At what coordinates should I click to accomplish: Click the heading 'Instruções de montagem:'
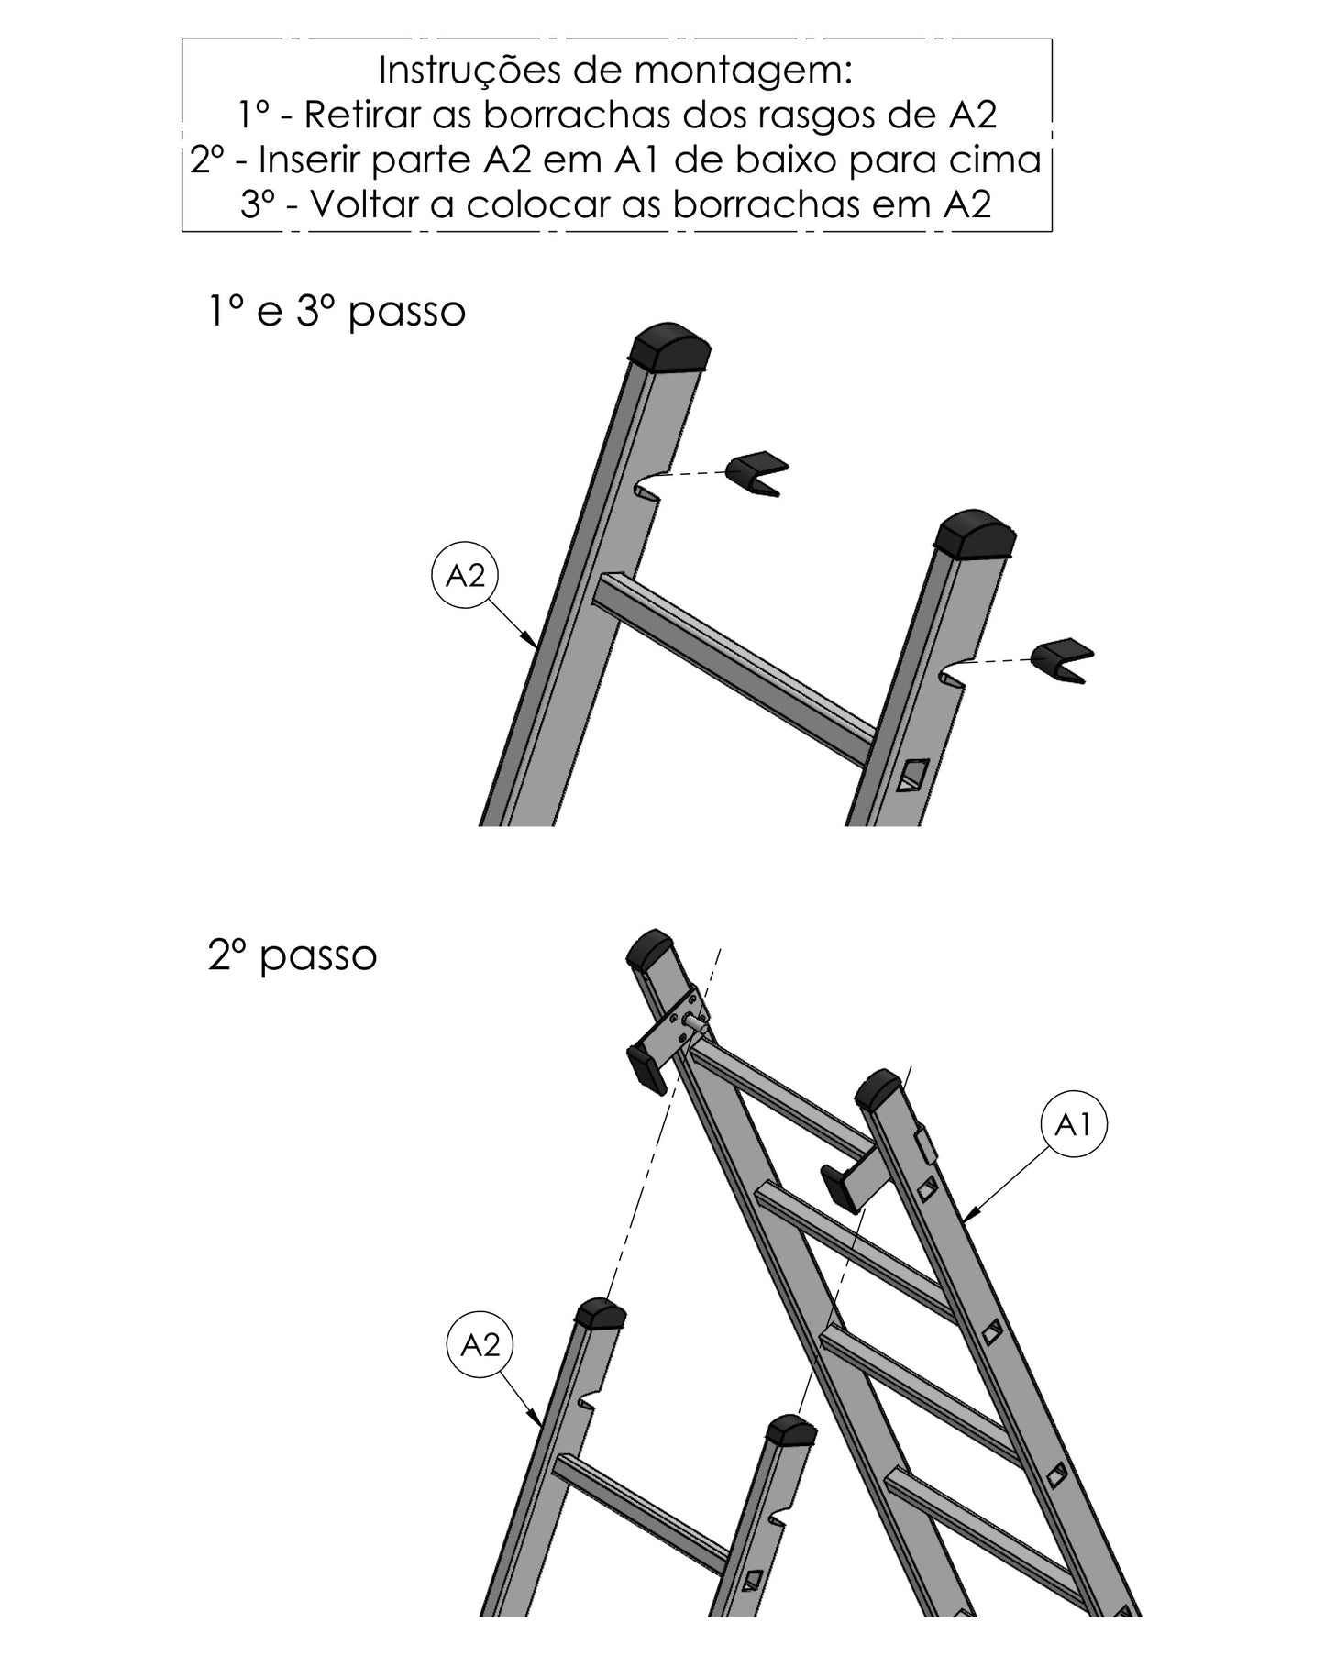pos(616,71)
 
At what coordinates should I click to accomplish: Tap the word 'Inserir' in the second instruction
pos(312,160)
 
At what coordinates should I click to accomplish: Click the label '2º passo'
pos(293,956)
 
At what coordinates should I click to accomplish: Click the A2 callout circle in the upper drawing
pos(465,575)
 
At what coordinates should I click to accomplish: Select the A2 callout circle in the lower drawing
pos(480,1345)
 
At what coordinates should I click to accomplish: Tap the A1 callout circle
pos(1073,1124)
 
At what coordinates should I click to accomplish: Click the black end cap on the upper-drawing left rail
pos(670,347)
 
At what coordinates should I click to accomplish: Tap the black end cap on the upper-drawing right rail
pos(977,535)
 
